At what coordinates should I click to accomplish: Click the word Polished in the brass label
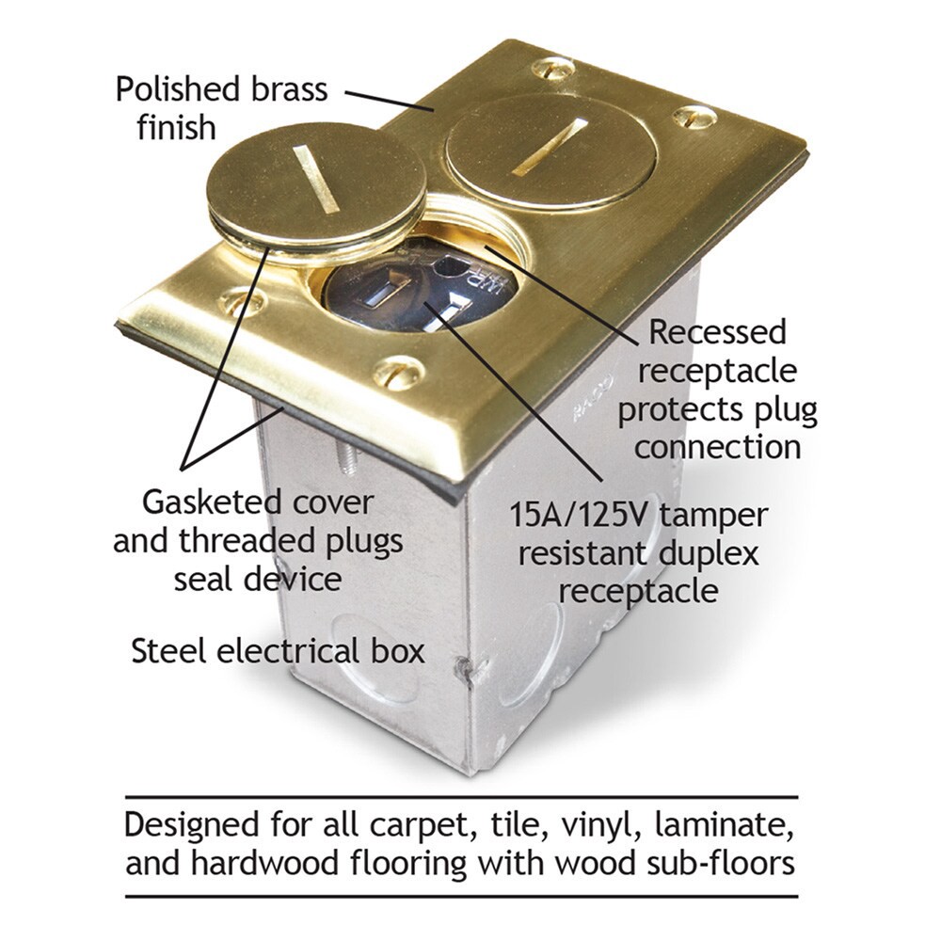point(178,89)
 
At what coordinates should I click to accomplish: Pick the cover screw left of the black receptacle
point(242,301)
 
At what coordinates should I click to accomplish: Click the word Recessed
point(718,332)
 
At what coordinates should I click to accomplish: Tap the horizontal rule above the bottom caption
point(461,797)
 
